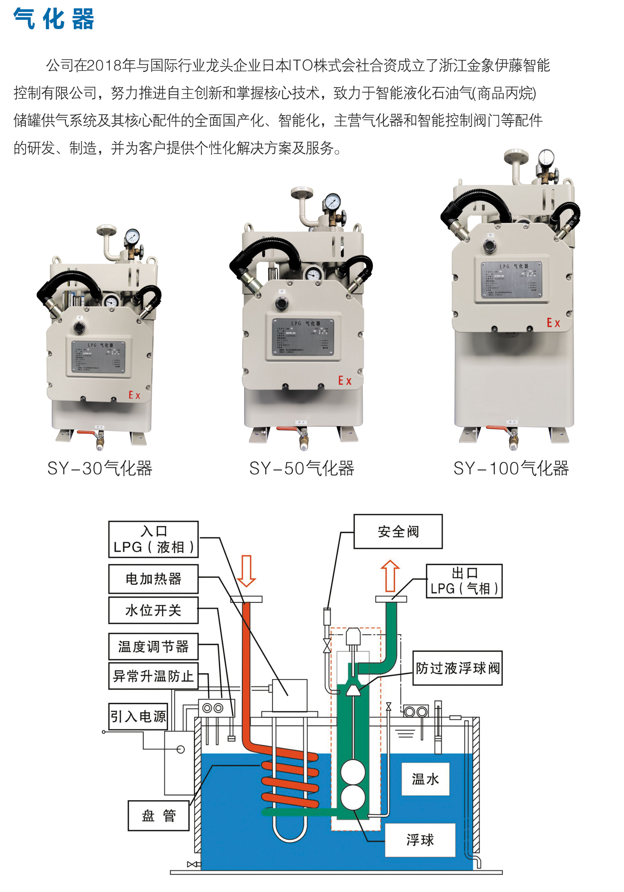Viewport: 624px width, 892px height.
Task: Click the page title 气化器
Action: coord(53,19)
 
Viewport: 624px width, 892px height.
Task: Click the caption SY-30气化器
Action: coord(100,468)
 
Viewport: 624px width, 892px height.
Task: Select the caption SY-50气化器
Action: coord(302,468)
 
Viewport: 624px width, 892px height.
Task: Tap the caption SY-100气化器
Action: coord(511,468)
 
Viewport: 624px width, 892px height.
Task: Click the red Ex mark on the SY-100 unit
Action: coord(553,323)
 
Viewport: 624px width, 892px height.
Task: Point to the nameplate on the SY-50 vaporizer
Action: coord(303,337)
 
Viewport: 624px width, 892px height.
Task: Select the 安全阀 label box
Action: coord(398,532)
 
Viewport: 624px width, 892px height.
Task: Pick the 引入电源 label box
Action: coord(138,716)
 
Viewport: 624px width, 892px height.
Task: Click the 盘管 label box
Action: coord(158,816)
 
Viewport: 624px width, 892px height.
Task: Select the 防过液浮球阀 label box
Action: coord(457,668)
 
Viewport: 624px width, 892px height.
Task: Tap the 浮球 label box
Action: coord(420,840)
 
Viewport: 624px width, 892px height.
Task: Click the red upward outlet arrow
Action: coord(390,576)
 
